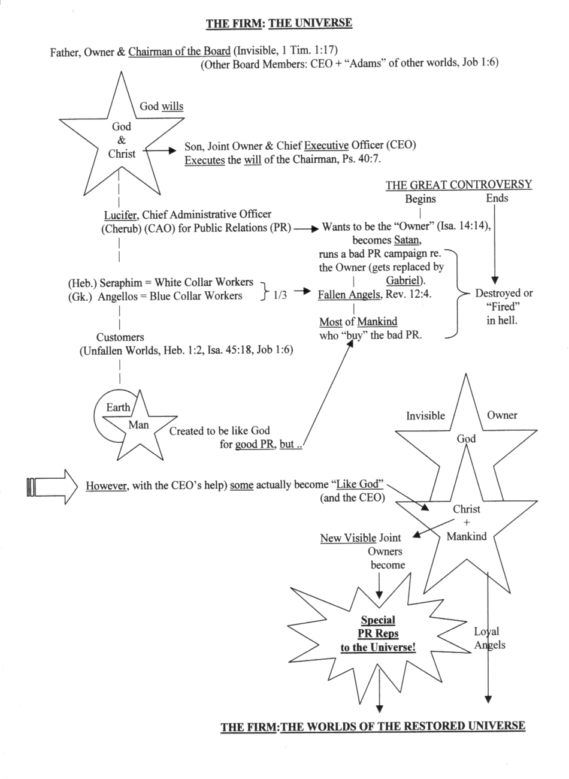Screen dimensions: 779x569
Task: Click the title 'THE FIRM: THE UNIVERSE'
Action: tap(279, 23)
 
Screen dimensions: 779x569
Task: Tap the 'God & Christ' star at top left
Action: tap(122, 140)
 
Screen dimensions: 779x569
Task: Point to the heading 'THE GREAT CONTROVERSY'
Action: tap(459, 185)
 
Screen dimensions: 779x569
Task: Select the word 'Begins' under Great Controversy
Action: tap(420, 199)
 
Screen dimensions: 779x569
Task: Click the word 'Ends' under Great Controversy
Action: tap(497, 198)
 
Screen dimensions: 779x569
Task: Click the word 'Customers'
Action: tap(120, 337)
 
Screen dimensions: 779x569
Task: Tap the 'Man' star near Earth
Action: tap(139, 426)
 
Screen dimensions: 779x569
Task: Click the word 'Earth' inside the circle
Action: tap(118, 407)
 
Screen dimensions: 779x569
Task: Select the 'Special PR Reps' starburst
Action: tap(378, 634)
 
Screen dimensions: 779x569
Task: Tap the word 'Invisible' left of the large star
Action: tap(426, 416)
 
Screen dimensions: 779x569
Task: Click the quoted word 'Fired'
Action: tap(502, 307)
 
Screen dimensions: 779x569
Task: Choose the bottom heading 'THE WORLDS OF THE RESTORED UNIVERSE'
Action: tap(403, 726)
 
